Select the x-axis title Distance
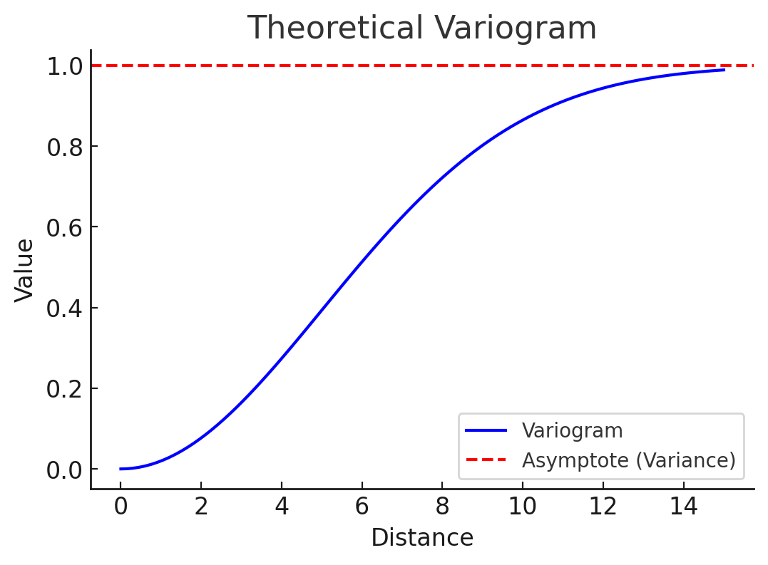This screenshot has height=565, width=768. [422, 538]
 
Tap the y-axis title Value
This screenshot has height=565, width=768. [25, 270]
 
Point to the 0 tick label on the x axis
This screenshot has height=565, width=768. [121, 507]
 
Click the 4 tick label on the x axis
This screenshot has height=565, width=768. [282, 507]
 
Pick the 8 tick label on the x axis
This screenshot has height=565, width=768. [442, 507]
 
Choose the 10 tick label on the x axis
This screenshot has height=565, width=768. [523, 507]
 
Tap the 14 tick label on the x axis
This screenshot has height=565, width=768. [684, 507]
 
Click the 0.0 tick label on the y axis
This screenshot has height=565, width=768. [64, 470]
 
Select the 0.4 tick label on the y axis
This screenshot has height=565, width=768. [64, 309]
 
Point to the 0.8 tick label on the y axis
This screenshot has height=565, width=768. [64, 147]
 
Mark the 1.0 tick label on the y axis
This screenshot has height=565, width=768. [64, 66]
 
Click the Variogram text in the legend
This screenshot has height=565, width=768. [572, 431]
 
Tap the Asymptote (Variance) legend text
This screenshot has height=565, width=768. [628, 460]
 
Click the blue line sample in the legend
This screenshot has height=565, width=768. [486, 431]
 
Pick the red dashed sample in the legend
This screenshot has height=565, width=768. [486, 460]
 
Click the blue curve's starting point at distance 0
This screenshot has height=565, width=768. [121, 469]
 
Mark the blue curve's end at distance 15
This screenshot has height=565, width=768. [724, 70]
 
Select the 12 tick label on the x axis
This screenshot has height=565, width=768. [603, 507]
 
